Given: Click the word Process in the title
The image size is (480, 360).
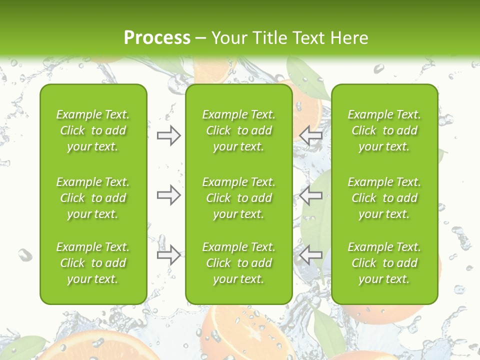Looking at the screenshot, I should pos(157,38).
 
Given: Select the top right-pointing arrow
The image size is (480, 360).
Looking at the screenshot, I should pos(168,135).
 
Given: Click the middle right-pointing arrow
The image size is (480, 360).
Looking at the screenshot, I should pos(168,195).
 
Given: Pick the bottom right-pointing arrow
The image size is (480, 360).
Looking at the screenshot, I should pos(168,255).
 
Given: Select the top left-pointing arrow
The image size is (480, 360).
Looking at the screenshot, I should pos(311,135).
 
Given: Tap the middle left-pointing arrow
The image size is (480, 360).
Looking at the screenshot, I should pos(311,195).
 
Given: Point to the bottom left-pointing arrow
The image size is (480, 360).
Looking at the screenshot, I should pos(311,255).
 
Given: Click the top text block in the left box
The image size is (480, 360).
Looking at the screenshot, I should pos(93,130).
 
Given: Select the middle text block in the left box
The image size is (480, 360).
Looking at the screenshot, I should pos(93,198).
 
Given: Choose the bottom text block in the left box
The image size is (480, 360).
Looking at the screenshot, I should pos(93,263).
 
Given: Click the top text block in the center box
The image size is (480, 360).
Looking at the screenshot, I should pos(238,130).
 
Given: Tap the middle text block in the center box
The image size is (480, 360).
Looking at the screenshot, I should pos(238,198).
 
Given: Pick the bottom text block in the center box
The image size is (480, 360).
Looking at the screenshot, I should pos(238,263).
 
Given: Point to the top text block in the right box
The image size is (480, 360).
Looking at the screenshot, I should pos(384,130).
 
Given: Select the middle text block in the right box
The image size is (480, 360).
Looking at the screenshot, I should pos(384,198).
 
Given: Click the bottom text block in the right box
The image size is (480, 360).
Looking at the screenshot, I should pos(384,263).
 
